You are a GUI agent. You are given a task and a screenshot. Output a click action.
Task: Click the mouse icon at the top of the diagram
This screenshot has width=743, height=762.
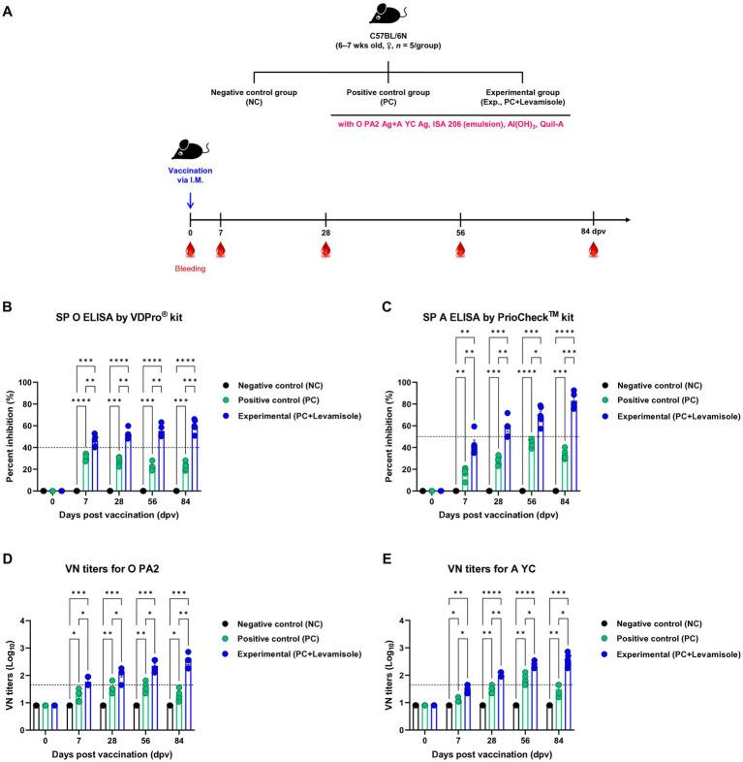click(387, 15)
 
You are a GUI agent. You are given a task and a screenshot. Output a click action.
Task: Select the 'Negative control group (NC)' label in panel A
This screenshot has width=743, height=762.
click(254, 97)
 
